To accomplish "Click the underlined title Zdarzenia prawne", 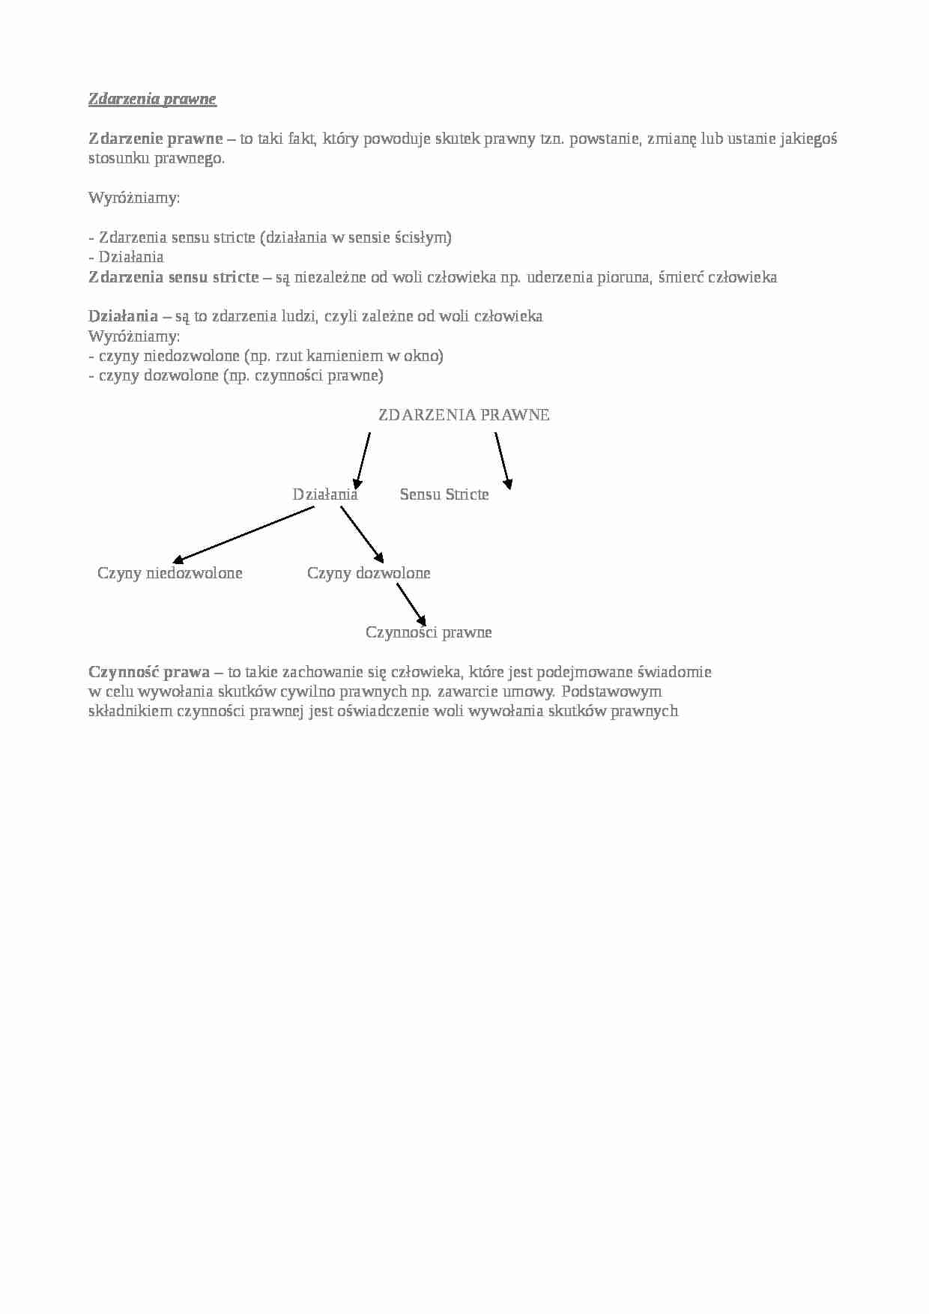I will tap(152, 99).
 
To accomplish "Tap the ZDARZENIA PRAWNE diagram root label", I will tap(464, 415).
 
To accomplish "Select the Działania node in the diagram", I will tap(325, 494).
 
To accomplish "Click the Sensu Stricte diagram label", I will tap(444, 494).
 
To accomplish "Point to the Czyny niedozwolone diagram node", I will tap(170, 573).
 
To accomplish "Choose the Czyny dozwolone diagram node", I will tap(369, 573).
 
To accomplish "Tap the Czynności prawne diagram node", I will tap(429, 632).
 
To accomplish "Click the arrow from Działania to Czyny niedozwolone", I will tap(243, 535).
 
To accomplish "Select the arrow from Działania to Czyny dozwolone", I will tap(362, 534).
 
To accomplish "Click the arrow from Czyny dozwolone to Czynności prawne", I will tap(411, 605).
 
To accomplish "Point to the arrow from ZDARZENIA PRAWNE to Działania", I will tap(363, 461).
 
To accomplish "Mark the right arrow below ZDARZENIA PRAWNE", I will tap(503, 461).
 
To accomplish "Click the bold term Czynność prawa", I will tap(149, 672).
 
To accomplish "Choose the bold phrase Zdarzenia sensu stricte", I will tap(174, 277).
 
